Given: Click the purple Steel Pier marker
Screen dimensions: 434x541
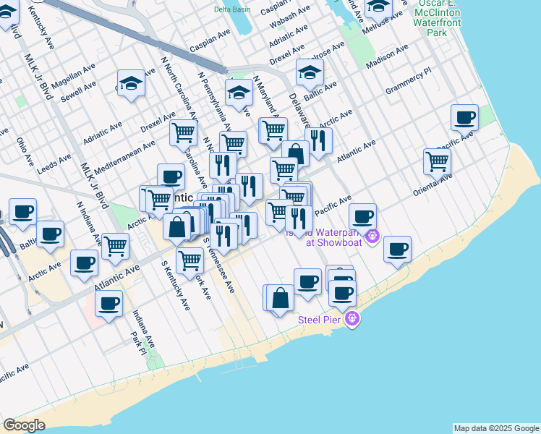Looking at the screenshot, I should tap(352, 318).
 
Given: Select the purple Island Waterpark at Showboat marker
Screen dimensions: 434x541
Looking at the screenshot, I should tap(373, 236).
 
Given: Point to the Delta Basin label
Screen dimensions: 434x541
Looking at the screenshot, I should tap(231, 9).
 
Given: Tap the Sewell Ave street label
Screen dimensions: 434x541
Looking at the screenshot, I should tap(79, 94).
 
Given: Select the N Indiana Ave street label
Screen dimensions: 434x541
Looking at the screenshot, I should tap(89, 217).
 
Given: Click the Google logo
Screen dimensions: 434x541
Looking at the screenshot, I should tap(24, 425).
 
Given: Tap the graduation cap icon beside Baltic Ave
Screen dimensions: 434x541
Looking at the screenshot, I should tap(310, 72).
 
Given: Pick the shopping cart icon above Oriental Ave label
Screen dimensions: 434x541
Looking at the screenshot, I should tap(437, 162).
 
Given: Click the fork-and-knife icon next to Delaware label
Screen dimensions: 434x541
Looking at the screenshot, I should tap(319, 140).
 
